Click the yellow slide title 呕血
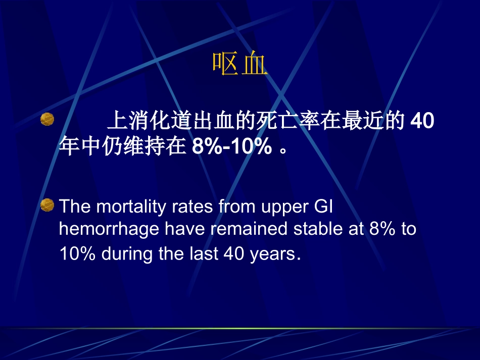(239, 64)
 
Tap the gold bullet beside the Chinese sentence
(47, 119)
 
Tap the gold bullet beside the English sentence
(47, 204)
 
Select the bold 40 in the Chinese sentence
(422, 122)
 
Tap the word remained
(250, 229)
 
